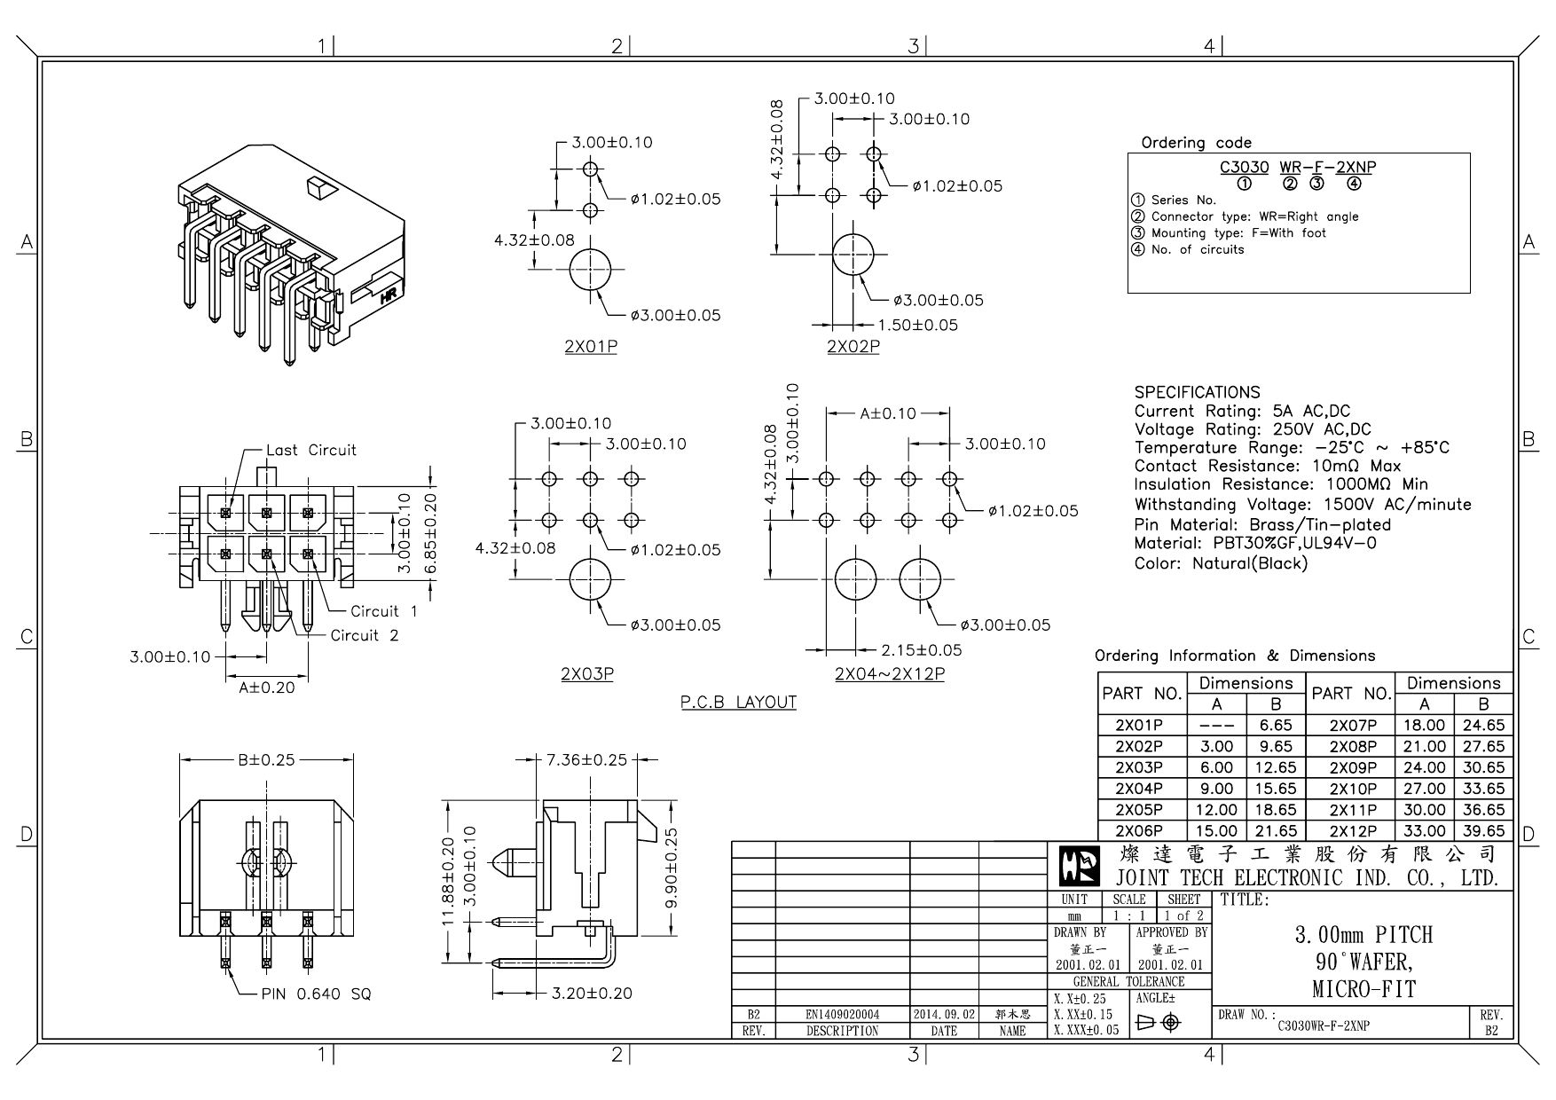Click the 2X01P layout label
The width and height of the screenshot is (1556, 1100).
590,347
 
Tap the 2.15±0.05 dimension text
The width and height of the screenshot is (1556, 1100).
921,649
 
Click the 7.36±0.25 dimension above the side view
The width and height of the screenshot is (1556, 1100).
586,759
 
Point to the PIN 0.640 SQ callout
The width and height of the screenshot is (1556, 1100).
316,994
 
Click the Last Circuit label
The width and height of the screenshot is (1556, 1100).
310,450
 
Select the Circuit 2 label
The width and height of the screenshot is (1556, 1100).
364,635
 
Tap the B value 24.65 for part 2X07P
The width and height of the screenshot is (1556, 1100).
1483,725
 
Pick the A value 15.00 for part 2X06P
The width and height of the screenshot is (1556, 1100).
1216,831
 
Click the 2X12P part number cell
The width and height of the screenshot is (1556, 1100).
1352,831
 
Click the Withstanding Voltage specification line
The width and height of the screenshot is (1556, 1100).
1301,505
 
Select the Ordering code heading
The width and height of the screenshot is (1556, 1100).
1196,143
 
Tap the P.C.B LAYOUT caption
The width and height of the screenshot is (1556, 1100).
738,703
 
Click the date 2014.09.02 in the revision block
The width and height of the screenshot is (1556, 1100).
944,1014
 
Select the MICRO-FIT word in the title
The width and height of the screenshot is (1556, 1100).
1363,988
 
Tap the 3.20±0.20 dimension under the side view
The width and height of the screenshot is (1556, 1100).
591,993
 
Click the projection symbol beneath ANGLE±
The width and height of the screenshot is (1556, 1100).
1159,1023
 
